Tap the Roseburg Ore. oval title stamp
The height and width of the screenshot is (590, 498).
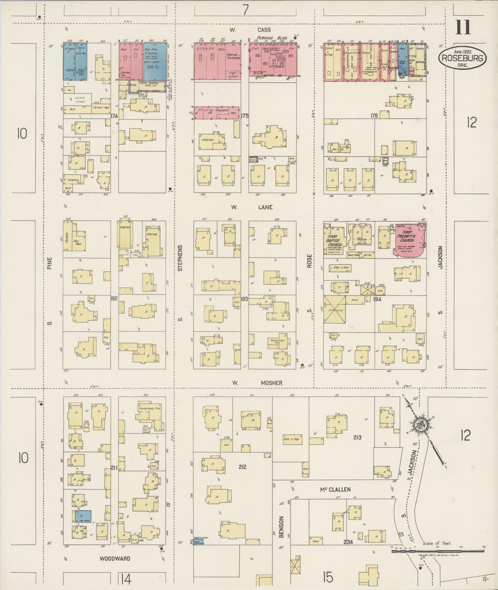pyautogui.click(x=462, y=57)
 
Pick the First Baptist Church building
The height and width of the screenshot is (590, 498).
pyautogui.click(x=335, y=241)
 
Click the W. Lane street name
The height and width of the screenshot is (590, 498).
pyautogui.click(x=252, y=207)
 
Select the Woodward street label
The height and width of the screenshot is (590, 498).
pyautogui.click(x=115, y=559)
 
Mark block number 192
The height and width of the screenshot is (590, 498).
pyautogui.click(x=114, y=299)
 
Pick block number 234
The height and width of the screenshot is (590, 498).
pyautogui.click(x=348, y=542)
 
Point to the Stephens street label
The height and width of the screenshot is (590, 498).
pyautogui.click(x=181, y=258)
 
